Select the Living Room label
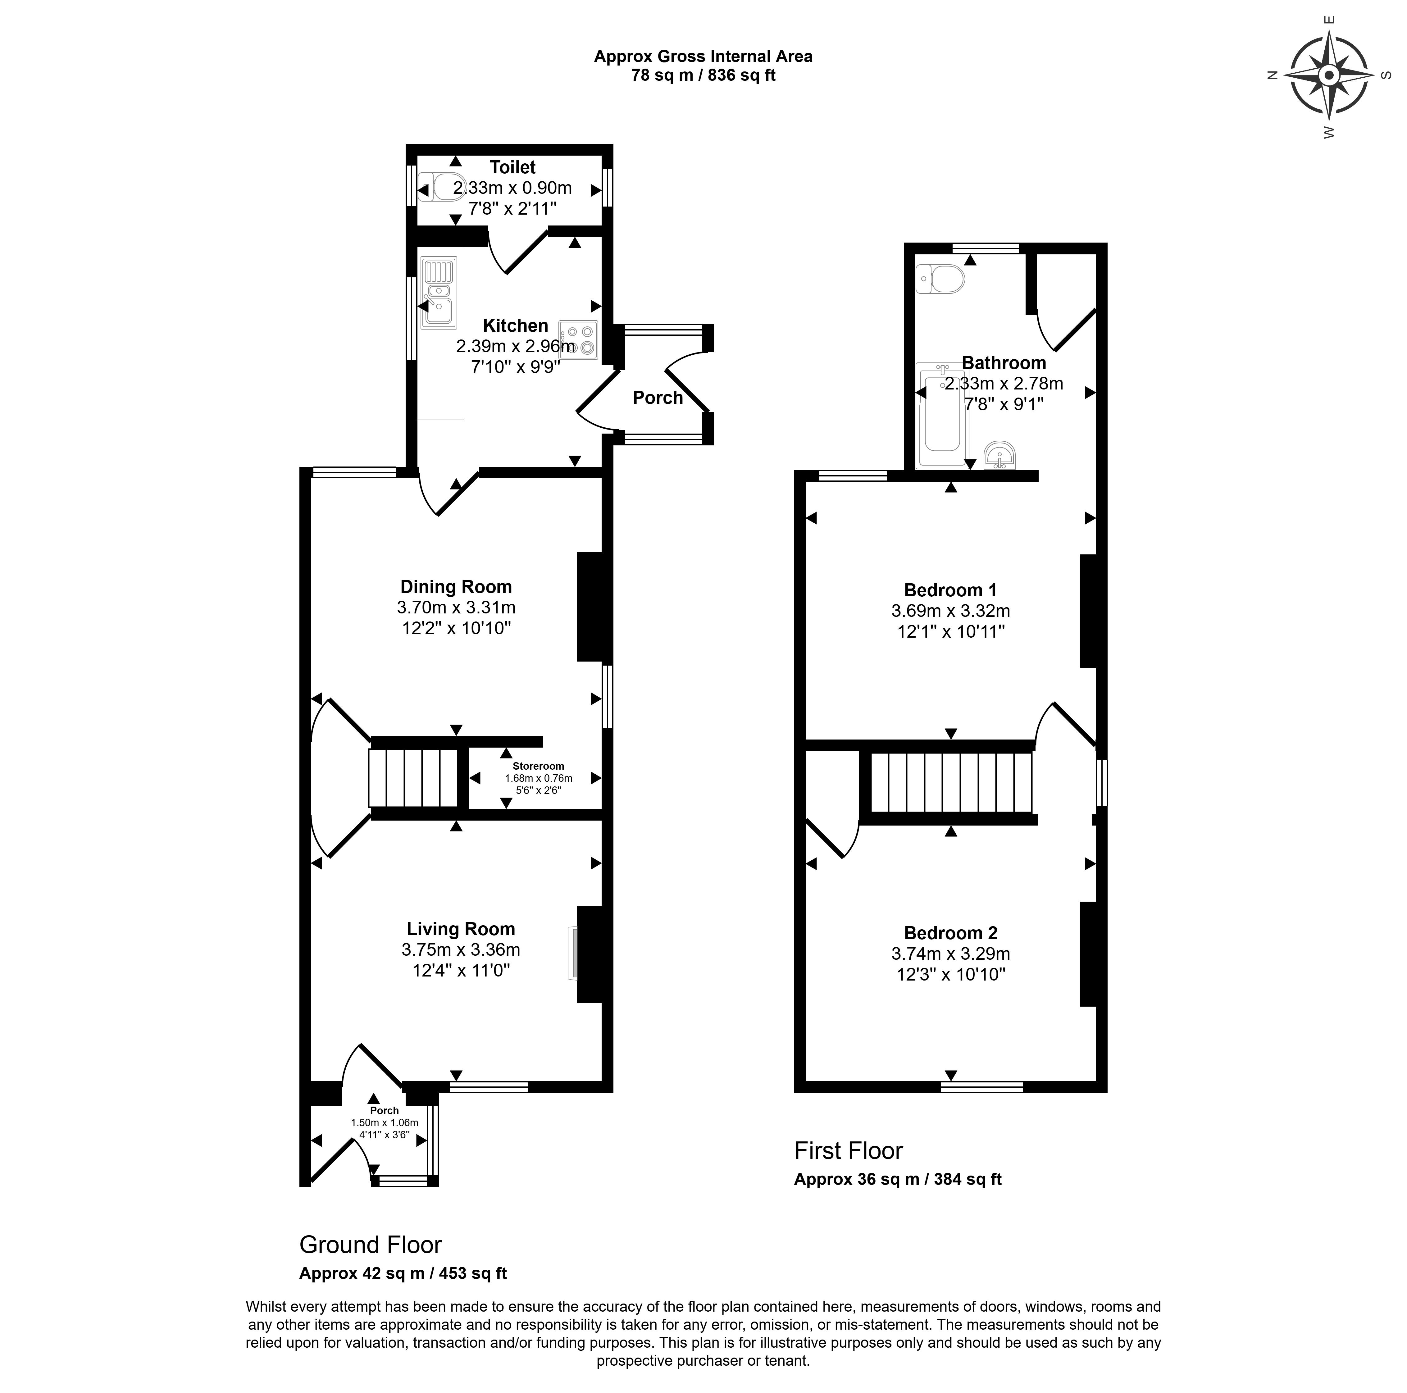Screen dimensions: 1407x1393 tap(461, 929)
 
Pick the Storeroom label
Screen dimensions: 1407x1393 tap(538, 766)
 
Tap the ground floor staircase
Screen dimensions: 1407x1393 tap(413, 778)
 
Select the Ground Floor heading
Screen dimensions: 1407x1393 tap(371, 1245)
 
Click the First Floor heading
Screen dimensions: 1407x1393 tap(849, 1150)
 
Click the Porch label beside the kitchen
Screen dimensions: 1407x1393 tap(658, 398)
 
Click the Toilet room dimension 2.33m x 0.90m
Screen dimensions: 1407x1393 tap(513, 188)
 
